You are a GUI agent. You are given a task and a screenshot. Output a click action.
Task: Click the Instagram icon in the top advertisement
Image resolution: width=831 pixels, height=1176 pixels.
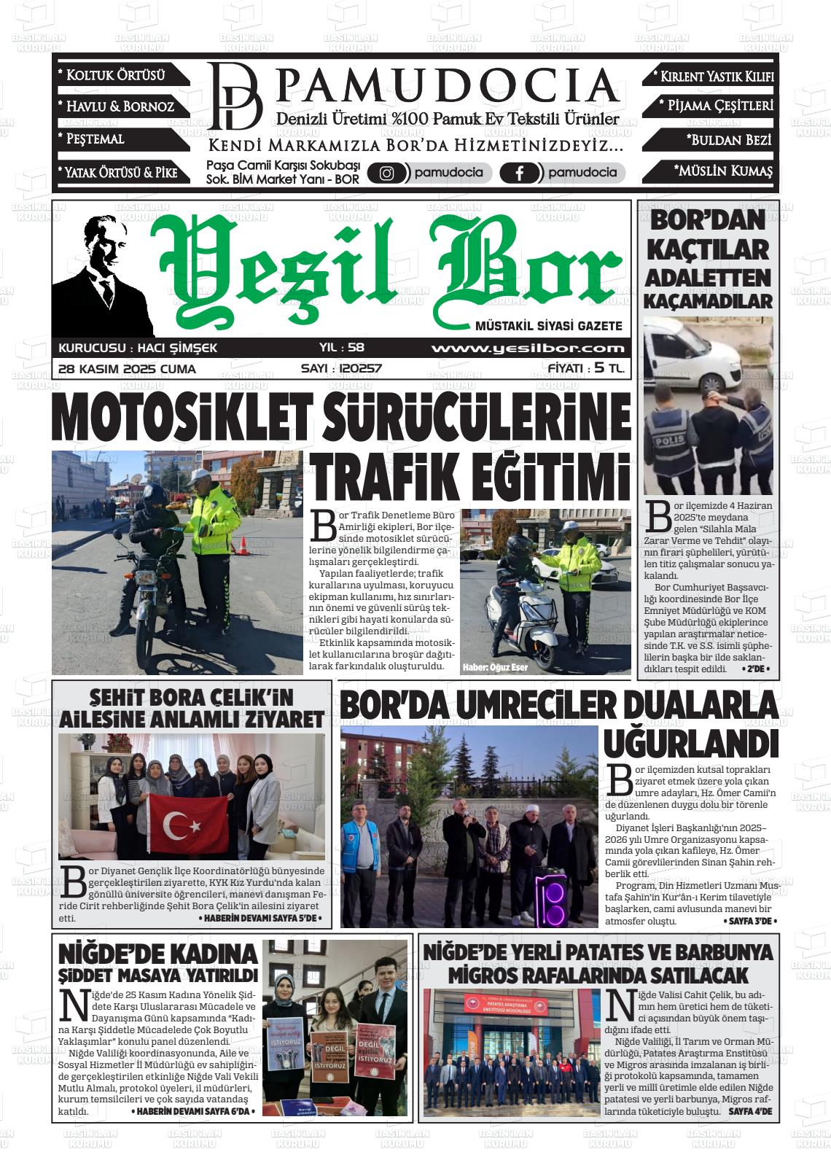387,174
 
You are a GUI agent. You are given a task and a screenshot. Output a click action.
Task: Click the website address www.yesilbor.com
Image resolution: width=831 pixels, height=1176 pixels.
528,348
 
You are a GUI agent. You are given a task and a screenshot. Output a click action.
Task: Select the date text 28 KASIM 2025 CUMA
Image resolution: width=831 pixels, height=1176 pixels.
127,369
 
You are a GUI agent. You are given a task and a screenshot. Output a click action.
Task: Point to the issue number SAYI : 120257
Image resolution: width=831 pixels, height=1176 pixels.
341,369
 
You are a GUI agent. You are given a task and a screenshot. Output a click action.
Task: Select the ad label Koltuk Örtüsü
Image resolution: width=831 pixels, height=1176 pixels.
116,75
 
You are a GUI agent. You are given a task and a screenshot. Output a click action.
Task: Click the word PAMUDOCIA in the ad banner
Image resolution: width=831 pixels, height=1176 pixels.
448,87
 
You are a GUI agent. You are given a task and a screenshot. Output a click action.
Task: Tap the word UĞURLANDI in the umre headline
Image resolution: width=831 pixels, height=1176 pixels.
690,742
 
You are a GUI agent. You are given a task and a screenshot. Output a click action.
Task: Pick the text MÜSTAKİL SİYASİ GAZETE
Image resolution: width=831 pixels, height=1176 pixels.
548,326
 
